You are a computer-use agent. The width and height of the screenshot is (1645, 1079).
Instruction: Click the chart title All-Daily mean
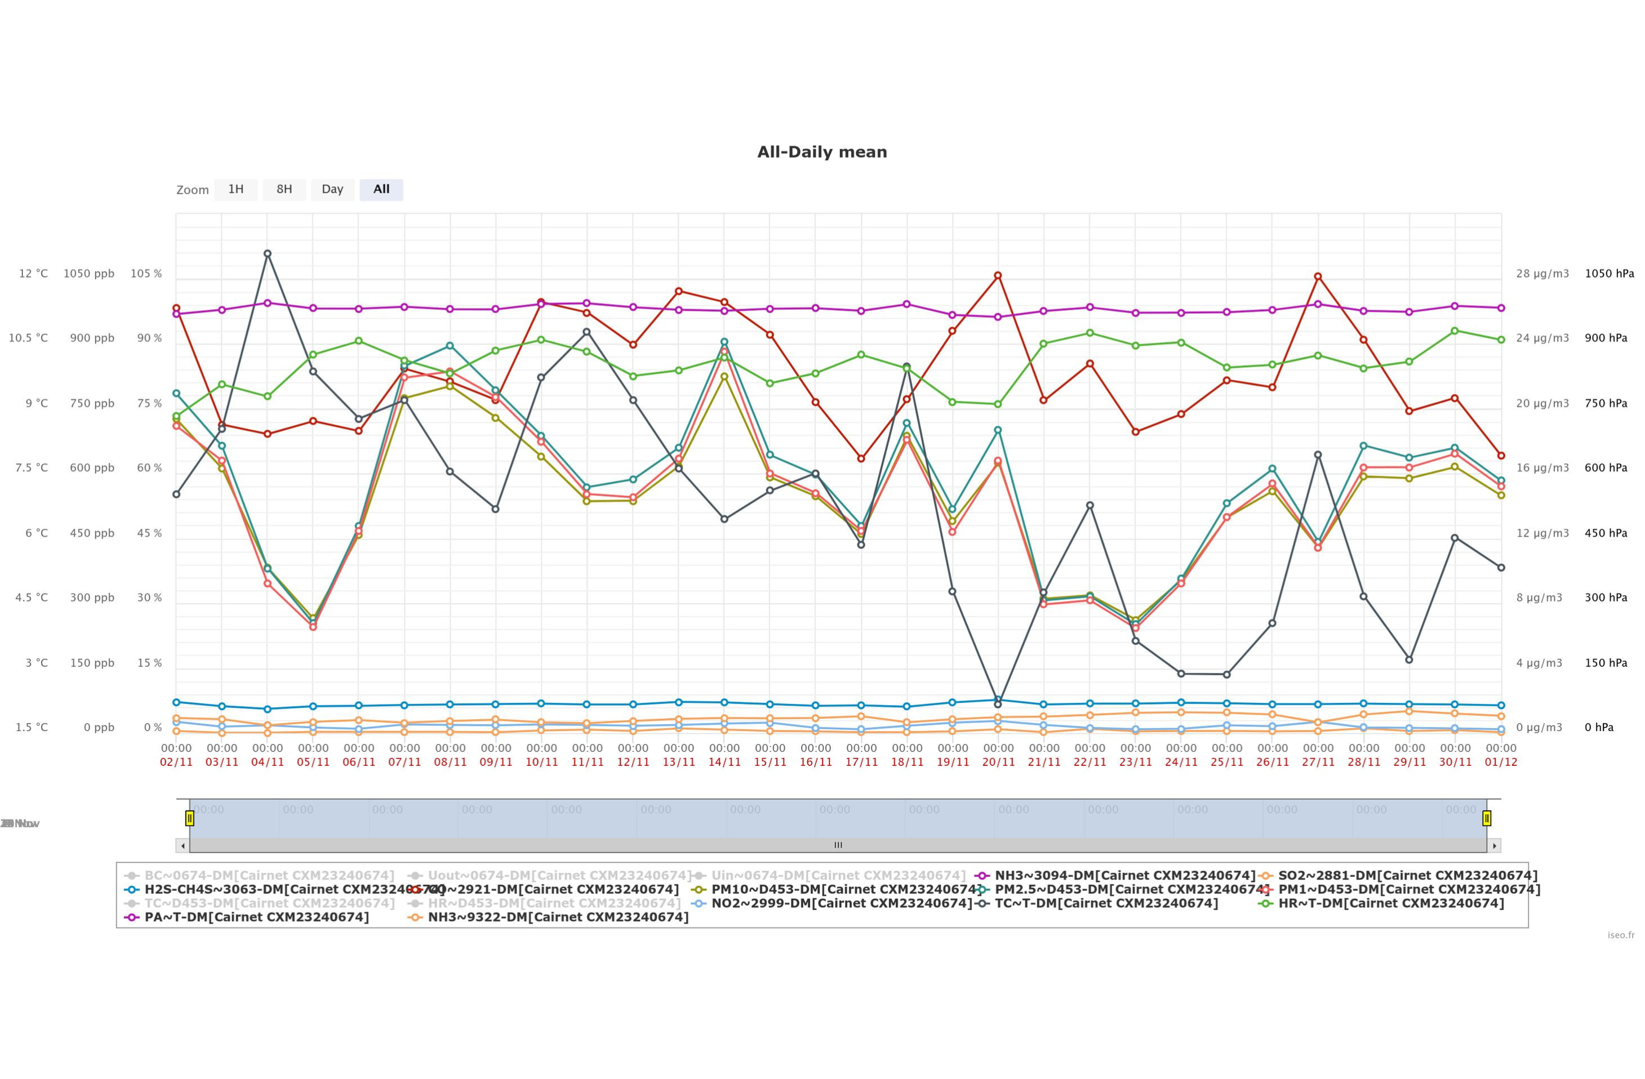pos(822,152)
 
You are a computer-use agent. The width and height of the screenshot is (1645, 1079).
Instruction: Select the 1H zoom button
pos(235,189)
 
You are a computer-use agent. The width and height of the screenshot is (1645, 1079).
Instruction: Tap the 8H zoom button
pos(284,189)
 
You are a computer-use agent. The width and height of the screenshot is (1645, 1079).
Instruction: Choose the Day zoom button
pos(332,189)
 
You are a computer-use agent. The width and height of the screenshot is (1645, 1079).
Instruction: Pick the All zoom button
pos(381,189)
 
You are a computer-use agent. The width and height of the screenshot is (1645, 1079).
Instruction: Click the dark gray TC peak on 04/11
pos(268,253)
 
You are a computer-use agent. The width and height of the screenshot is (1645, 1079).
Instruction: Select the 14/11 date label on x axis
pos(724,762)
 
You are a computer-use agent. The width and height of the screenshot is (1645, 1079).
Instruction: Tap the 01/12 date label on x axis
pos(1501,762)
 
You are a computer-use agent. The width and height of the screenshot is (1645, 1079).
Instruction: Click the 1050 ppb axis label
pos(89,274)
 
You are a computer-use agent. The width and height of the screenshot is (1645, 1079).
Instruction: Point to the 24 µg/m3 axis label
pos(1542,338)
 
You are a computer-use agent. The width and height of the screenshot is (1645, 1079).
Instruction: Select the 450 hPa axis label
pos(1606,533)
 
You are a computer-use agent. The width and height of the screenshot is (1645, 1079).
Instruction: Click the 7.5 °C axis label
pos(32,467)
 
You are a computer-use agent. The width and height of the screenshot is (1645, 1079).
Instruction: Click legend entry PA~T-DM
pos(256,917)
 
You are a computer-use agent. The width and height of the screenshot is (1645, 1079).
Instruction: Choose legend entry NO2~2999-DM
pos(841,903)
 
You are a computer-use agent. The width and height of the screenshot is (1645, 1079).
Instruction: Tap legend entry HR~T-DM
pos(1390,903)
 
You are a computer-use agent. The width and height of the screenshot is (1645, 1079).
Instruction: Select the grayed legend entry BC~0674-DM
pos(269,876)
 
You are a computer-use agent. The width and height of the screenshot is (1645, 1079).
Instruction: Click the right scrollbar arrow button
pos(1495,845)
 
